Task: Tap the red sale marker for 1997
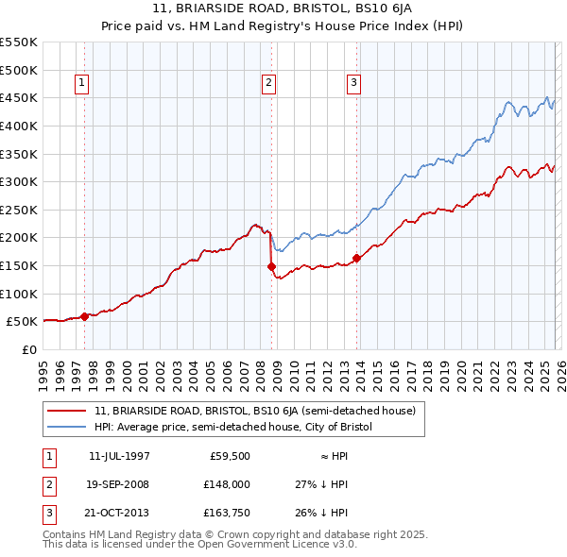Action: pyautogui.click(x=84, y=316)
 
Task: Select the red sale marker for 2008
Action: pyautogui.click(x=270, y=267)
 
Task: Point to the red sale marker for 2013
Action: pyautogui.click(x=356, y=258)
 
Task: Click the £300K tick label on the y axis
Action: pyautogui.click(x=20, y=181)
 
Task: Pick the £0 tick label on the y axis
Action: pyautogui.click(x=29, y=349)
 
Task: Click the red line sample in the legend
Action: pyautogui.click(x=67, y=411)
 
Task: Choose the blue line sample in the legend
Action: pyautogui.click(x=67, y=427)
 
